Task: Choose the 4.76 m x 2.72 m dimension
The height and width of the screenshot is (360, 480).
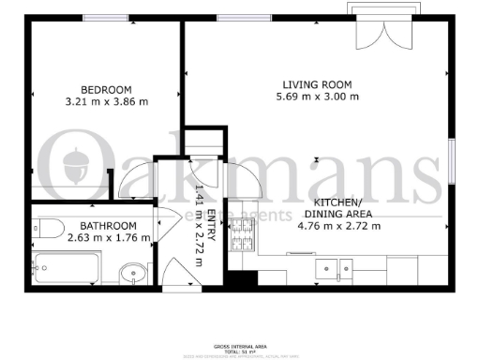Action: pyautogui.click(x=338, y=225)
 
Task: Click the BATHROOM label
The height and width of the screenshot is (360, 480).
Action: pyautogui.click(x=109, y=226)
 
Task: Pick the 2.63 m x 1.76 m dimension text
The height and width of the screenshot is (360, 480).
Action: pyautogui.click(x=109, y=239)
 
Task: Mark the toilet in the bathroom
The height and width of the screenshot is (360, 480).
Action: pyautogui.click(x=50, y=228)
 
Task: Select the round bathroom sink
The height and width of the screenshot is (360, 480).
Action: pyautogui.click(x=134, y=274)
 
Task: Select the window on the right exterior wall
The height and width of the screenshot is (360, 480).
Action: pyautogui.click(x=451, y=154)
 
